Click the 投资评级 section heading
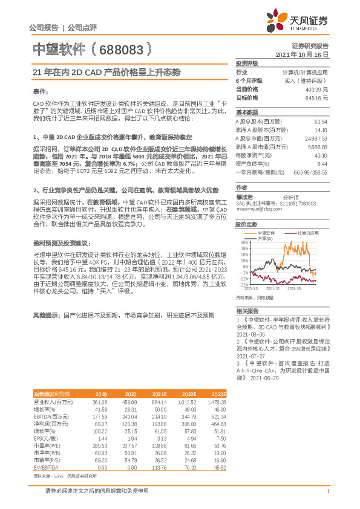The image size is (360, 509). (x=247, y=63)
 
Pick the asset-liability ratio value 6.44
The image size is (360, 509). (x=322, y=164)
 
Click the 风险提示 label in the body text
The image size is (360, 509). (x=45, y=316)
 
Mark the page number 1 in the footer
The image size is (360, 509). (x=327, y=491)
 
